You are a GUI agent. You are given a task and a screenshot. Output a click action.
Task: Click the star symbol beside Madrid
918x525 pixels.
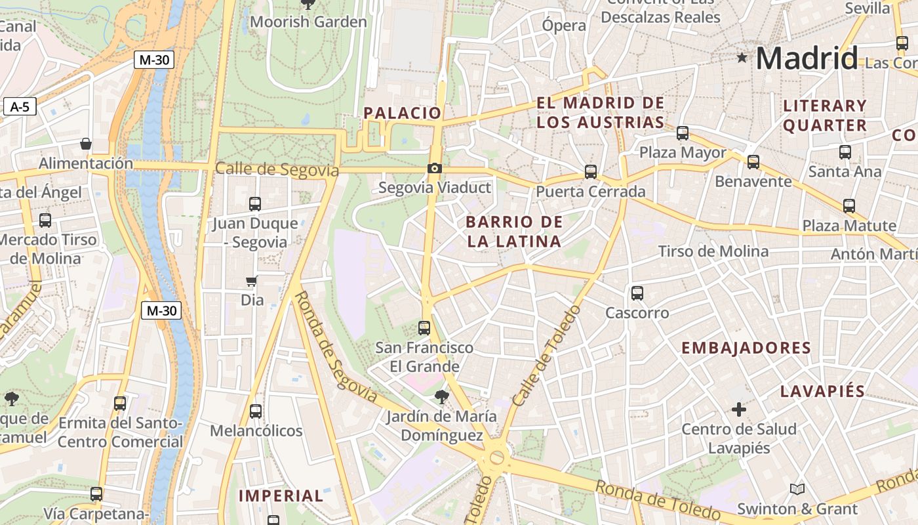point(742,58)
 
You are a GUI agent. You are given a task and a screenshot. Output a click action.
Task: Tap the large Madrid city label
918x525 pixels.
point(807,58)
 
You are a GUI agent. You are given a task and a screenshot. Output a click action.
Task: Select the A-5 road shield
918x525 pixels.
point(20,106)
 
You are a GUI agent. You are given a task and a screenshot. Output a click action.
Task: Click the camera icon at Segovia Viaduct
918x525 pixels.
point(434,169)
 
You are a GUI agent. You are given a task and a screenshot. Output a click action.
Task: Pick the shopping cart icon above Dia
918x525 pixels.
point(251,282)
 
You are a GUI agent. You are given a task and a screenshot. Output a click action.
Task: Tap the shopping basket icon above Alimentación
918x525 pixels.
point(85,144)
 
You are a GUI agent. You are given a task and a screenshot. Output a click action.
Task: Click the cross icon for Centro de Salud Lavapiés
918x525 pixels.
point(739,410)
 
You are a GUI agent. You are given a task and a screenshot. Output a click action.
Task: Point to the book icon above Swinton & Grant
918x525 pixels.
point(797,490)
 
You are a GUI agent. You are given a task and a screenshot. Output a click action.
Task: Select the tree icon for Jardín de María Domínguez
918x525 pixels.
point(442,396)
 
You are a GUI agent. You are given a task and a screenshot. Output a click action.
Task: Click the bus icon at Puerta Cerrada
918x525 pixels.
point(591,172)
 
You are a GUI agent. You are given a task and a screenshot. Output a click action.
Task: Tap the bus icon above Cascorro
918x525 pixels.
point(637,293)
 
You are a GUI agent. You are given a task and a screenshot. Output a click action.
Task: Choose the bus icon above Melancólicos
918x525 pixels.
point(256,411)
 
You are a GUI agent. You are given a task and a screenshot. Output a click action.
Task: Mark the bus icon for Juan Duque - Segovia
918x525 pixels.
point(255,204)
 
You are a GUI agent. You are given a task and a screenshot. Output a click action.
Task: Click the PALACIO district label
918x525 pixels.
point(403,113)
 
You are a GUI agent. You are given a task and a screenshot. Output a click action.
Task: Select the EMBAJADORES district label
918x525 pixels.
point(746,348)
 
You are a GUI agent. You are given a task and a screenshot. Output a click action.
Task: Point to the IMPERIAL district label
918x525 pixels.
point(281,496)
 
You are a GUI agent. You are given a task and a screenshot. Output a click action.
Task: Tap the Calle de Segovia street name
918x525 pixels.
point(277,169)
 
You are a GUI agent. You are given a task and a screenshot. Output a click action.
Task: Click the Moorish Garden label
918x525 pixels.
point(308,22)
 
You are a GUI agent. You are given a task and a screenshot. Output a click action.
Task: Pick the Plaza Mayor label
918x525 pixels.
point(683,153)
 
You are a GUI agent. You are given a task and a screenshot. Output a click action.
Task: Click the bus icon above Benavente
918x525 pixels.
point(753,161)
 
